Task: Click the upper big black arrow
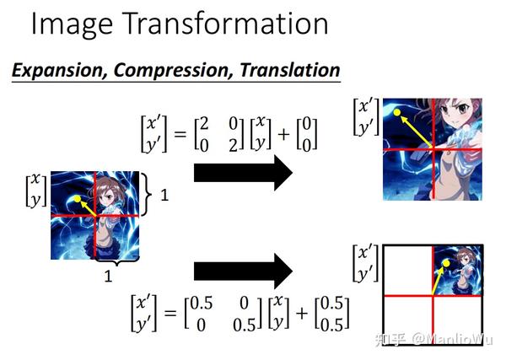pos(243,174)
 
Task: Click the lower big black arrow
pos(243,271)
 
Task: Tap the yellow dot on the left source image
pos(78,199)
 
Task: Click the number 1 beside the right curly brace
pos(164,195)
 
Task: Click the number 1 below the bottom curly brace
pos(106,275)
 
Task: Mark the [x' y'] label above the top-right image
pos(364,116)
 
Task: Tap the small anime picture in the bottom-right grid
pos(455,270)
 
